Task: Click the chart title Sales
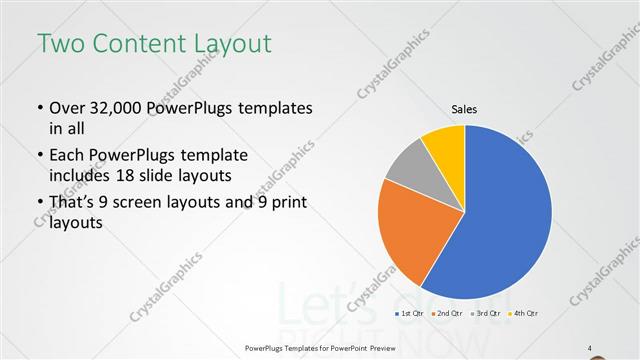click(x=464, y=108)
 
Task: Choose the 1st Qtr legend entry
click(x=411, y=314)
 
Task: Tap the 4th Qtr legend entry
click(x=524, y=314)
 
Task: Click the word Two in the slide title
click(x=61, y=43)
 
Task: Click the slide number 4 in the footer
click(x=590, y=347)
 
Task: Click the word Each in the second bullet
click(x=68, y=155)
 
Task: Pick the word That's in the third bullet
click(x=73, y=203)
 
